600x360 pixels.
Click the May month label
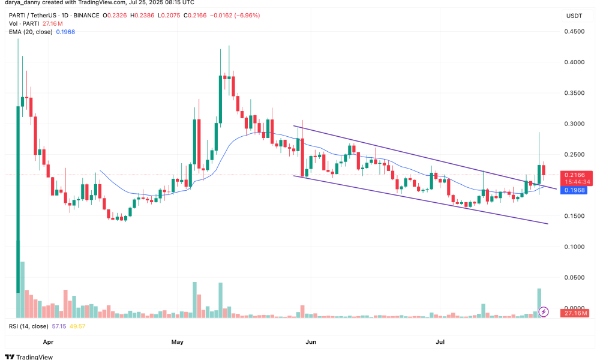click(177, 342)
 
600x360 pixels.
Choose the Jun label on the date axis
click(311, 342)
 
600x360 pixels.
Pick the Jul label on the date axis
click(440, 342)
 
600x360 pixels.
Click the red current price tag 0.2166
click(575, 175)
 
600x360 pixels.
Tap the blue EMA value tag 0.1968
click(575, 190)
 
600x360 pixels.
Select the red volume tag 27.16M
click(575, 313)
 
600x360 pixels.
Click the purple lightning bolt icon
click(544, 311)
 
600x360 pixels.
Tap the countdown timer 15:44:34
click(575, 182)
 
